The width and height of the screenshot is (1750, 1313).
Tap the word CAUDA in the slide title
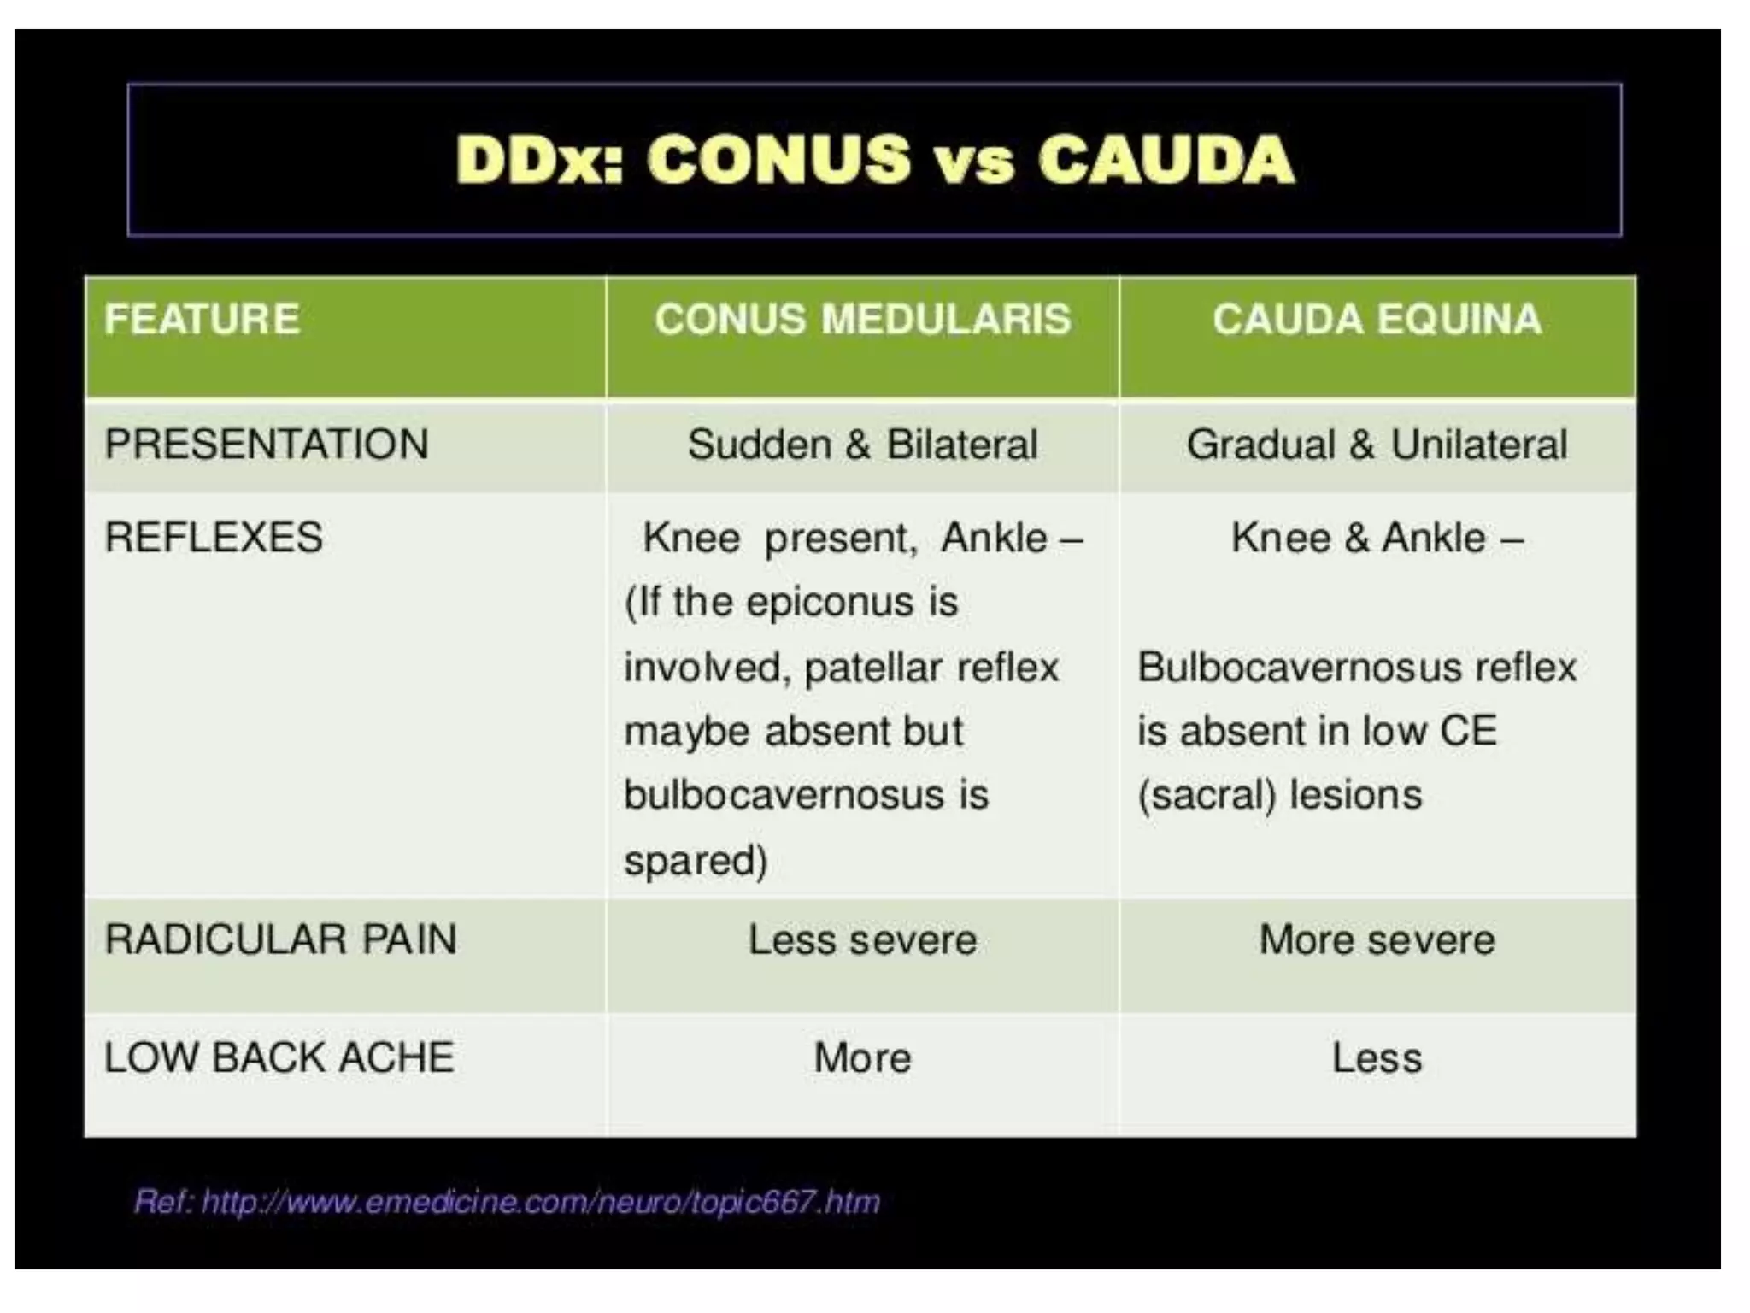(x=1166, y=160)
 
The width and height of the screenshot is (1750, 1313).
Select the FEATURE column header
(x=202, y=320)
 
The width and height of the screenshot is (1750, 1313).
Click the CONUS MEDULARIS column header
(x=862, y=320)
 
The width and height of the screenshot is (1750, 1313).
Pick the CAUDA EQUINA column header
(x=1377, y=320)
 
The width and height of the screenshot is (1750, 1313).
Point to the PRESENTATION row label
(x=266, y=445)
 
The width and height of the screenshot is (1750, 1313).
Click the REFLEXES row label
(x=214, y=538)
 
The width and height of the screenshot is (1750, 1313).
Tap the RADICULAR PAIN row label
(x=280, y=939)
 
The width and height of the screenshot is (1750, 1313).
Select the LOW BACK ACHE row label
(x=279, y=1057)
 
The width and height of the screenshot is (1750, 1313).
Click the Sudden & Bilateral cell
(x=862, y=445)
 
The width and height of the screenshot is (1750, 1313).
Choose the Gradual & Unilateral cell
(x=1377, y=445)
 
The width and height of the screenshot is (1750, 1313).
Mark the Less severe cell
(x=862, y=940)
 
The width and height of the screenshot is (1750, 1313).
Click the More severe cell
(x=1377, y=940)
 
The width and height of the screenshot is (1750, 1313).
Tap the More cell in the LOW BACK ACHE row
(x=862, y=1058)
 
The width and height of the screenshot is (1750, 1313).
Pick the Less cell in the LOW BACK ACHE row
(x=1377, y=1058)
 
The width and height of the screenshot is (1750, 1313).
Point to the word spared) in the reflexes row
(x=696, y=861)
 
